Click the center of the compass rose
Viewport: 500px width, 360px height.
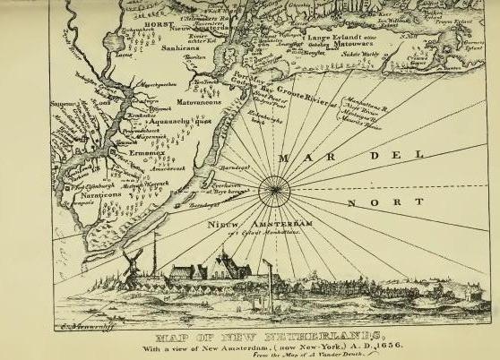coord(272,190)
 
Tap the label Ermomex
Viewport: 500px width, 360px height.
coord(135,153)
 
